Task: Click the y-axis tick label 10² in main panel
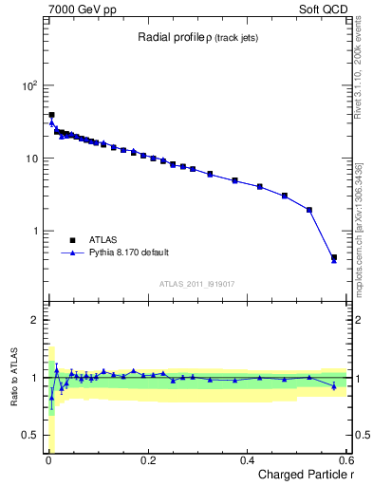point(28,85)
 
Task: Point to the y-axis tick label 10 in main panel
point(31,159)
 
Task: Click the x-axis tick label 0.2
point(147,459)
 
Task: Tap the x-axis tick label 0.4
point(247,459)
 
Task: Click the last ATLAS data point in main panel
point(334,257)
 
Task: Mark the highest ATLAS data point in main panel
point(51,115)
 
